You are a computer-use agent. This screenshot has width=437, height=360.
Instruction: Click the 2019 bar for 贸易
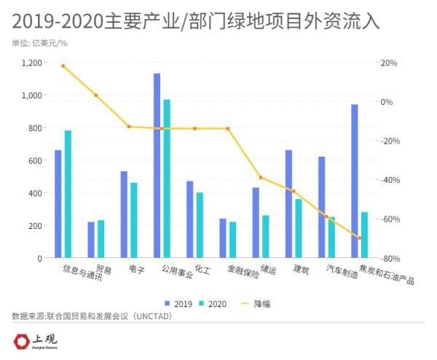(91, 240)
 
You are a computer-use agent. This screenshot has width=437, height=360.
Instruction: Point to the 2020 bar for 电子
(134, 220)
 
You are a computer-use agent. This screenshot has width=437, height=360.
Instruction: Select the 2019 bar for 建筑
(288, 204)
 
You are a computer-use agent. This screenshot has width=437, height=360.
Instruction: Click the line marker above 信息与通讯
(63, 66)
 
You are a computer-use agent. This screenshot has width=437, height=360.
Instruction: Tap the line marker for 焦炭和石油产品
(359, 238)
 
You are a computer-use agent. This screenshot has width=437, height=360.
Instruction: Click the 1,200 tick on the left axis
(31, 63)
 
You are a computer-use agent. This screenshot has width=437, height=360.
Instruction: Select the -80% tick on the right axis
(390, 259)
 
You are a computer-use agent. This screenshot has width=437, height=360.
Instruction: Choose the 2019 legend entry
(178, 303)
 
